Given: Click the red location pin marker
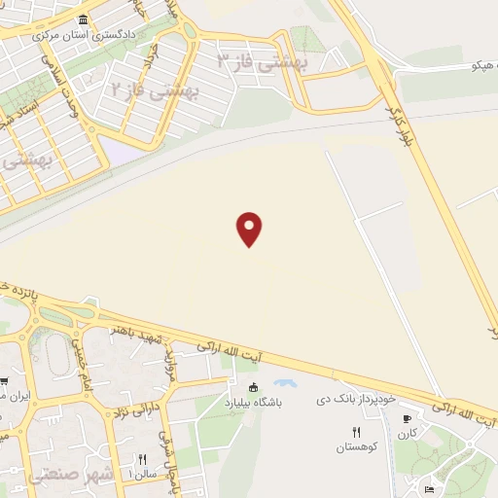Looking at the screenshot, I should coord(250,228).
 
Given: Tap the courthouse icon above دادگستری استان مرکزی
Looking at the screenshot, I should coord(83,20).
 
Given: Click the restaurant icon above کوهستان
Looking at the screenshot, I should coord(356,432).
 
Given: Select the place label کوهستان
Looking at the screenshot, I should coord(356,446).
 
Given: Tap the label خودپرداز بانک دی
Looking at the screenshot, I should coord(359,399).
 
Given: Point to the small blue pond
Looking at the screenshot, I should coord(287,385).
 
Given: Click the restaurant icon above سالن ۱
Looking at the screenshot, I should coord(142,460).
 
